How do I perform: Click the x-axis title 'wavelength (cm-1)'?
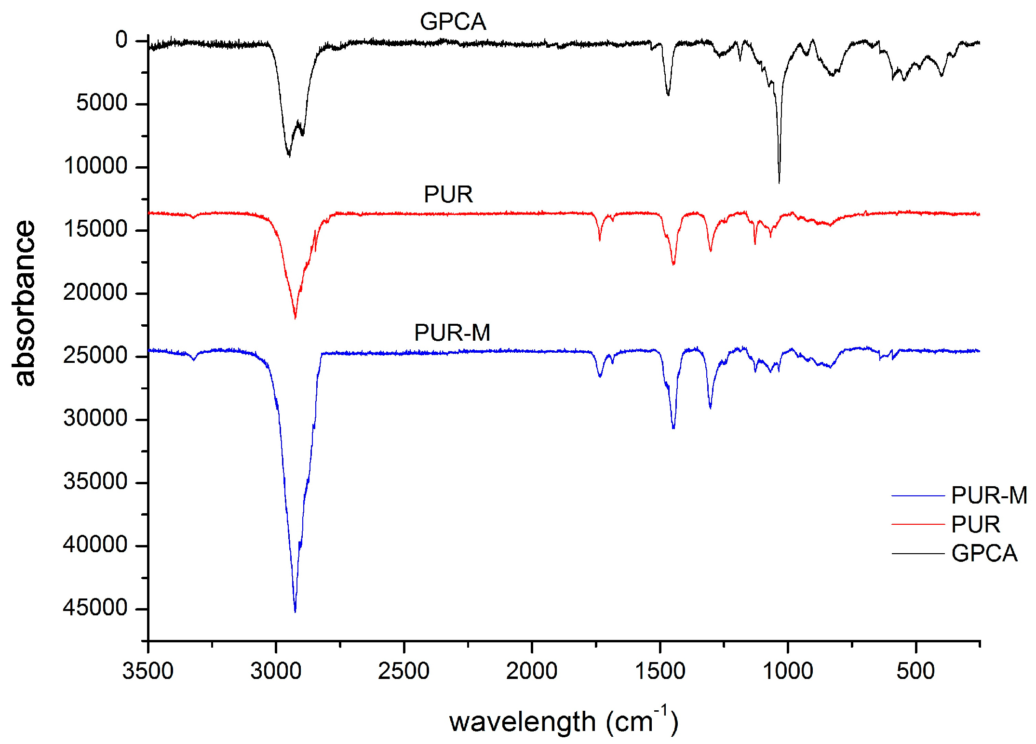[563, 721]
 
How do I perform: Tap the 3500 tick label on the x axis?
[148, 671]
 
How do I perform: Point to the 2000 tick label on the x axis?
[532, 671]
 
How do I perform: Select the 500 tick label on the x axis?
[915, 671]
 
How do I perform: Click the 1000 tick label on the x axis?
[788, 671]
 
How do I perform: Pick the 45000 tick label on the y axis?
[95, 608]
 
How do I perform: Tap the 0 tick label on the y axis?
[121, 40]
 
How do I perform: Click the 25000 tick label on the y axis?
[95, 356]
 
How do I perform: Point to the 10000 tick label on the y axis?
[95, 166]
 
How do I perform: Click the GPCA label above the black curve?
[453, 22]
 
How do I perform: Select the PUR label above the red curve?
[448, 195]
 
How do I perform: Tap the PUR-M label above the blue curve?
[452, 332]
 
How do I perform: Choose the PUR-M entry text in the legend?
[989, 495]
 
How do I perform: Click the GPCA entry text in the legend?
[984, 553]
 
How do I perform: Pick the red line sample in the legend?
[917, 524]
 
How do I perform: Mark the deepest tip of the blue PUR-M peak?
[295, 611]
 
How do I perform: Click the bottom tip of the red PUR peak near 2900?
[295, 318]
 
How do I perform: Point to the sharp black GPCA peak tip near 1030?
[779, 183]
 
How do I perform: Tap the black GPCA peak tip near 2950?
[289, 156]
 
